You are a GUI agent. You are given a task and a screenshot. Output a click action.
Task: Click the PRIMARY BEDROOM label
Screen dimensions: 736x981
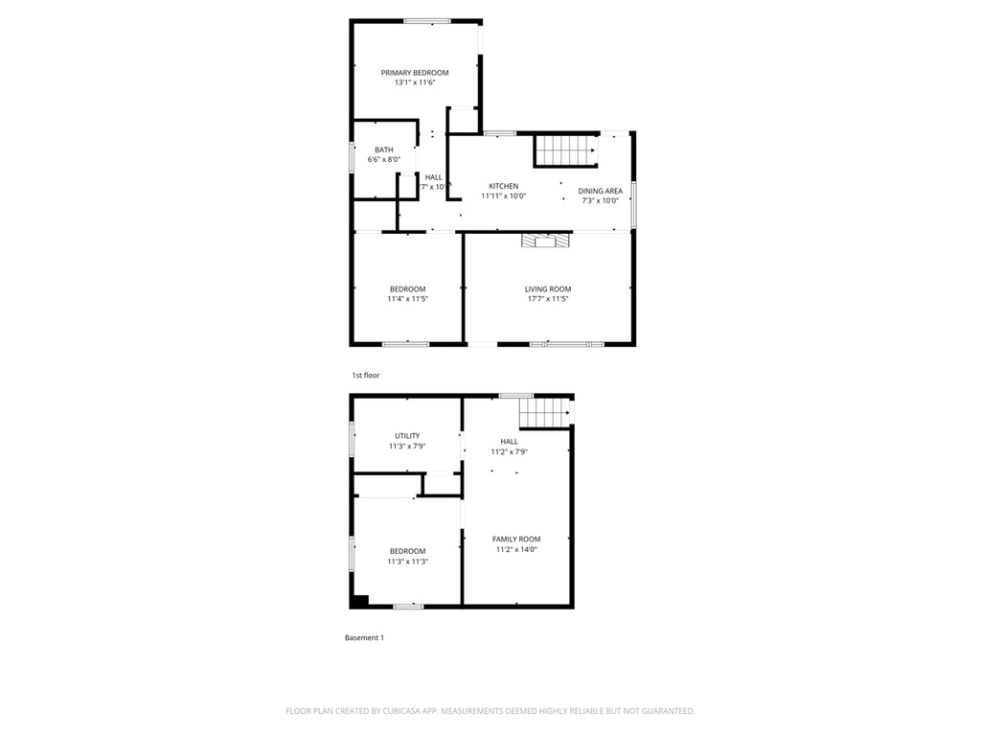point(414,73)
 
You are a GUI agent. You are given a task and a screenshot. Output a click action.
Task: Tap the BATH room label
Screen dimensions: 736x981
point(383,149)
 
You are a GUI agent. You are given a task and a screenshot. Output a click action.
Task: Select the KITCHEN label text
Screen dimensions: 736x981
point(503,186)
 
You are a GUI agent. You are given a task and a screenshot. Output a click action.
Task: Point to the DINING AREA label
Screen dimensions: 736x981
point(600,191)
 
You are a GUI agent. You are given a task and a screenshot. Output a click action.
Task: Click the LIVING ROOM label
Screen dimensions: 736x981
point(547,289)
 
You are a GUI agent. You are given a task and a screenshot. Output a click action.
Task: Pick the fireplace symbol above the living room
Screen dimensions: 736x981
point(545,241)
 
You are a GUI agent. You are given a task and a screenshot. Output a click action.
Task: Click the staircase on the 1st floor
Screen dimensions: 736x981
point(564,150)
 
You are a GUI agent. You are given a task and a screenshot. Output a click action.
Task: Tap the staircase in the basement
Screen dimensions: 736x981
point(544,414)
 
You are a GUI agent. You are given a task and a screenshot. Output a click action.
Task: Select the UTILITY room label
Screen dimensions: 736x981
point(407,436)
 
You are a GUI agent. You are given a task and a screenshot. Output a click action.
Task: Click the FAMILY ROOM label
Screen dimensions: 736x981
point(516,540)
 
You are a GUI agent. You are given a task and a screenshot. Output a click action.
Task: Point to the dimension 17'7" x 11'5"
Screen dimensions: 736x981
point(547,299)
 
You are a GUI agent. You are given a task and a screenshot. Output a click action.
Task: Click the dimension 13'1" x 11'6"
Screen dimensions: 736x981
point(414,83)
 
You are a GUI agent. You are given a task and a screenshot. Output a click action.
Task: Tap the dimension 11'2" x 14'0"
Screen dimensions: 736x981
point(516,550)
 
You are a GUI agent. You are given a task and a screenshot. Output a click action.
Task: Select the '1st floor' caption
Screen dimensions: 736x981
point(365,376)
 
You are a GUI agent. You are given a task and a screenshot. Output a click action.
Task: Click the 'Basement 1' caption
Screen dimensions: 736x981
point(364,638)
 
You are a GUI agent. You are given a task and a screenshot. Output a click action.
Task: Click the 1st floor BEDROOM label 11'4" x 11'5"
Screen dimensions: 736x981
point(407,289)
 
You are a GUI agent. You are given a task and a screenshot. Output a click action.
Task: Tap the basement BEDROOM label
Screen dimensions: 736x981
point(407,551)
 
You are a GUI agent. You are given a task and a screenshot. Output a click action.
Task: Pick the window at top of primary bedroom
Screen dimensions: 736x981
point(427,20)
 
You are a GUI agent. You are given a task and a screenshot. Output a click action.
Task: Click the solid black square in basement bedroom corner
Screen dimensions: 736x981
point(358,601)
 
